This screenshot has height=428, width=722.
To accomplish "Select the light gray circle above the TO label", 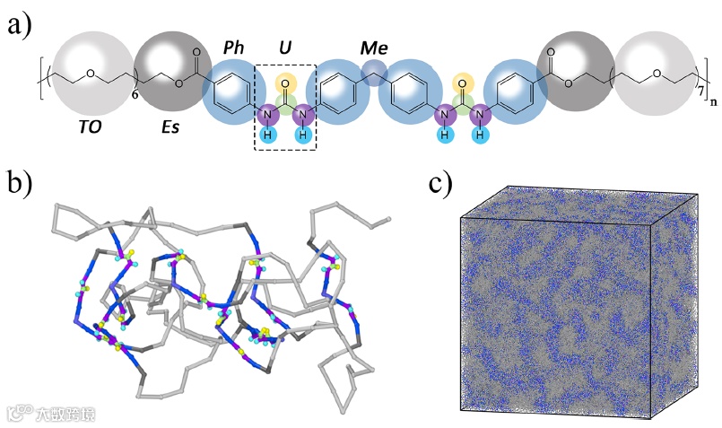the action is click(x=87, y=74).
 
